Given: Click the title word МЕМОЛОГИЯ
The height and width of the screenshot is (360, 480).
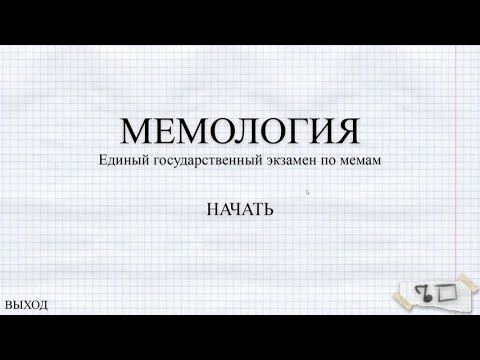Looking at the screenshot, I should (240, 131).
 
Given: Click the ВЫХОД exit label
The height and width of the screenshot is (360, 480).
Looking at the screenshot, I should (26, 305).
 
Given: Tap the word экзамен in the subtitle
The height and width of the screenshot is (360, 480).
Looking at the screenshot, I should (290, 160).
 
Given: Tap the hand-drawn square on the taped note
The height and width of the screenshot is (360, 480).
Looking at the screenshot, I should (446, 293).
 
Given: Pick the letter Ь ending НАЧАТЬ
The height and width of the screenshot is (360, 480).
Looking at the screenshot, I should (268, 211).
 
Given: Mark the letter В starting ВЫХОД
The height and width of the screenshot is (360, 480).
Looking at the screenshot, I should (9, 305).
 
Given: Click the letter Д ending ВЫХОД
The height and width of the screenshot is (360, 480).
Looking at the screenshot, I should (43, 305).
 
